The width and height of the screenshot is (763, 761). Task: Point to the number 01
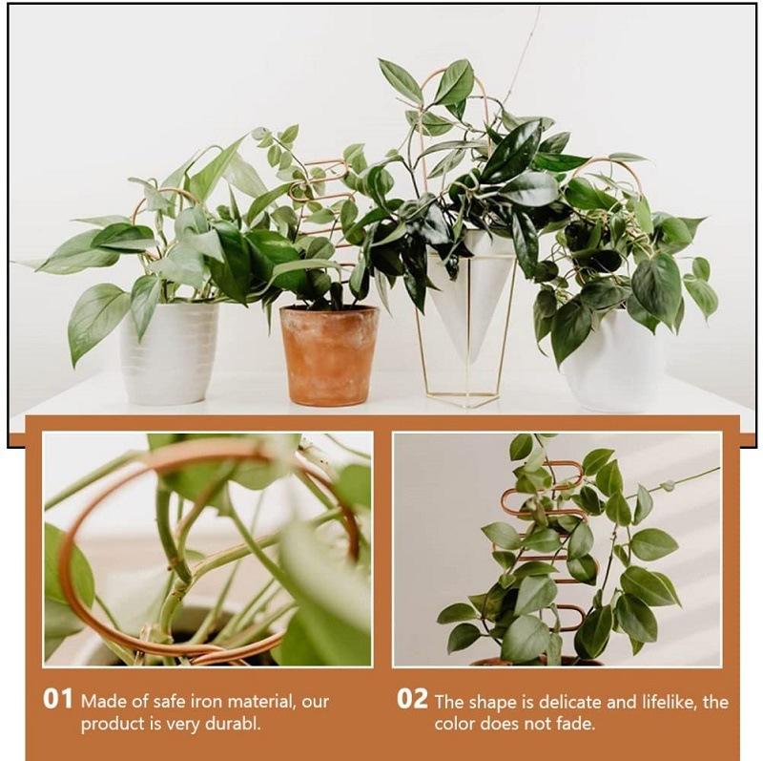(57, 699)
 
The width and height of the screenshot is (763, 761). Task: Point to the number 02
(412, 699)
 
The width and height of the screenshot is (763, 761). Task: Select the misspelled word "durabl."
(230, 724)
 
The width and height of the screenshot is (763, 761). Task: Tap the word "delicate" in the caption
(569, 702)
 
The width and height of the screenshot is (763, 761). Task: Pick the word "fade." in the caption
(574, 724)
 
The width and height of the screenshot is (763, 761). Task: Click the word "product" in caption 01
(110, 725)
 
